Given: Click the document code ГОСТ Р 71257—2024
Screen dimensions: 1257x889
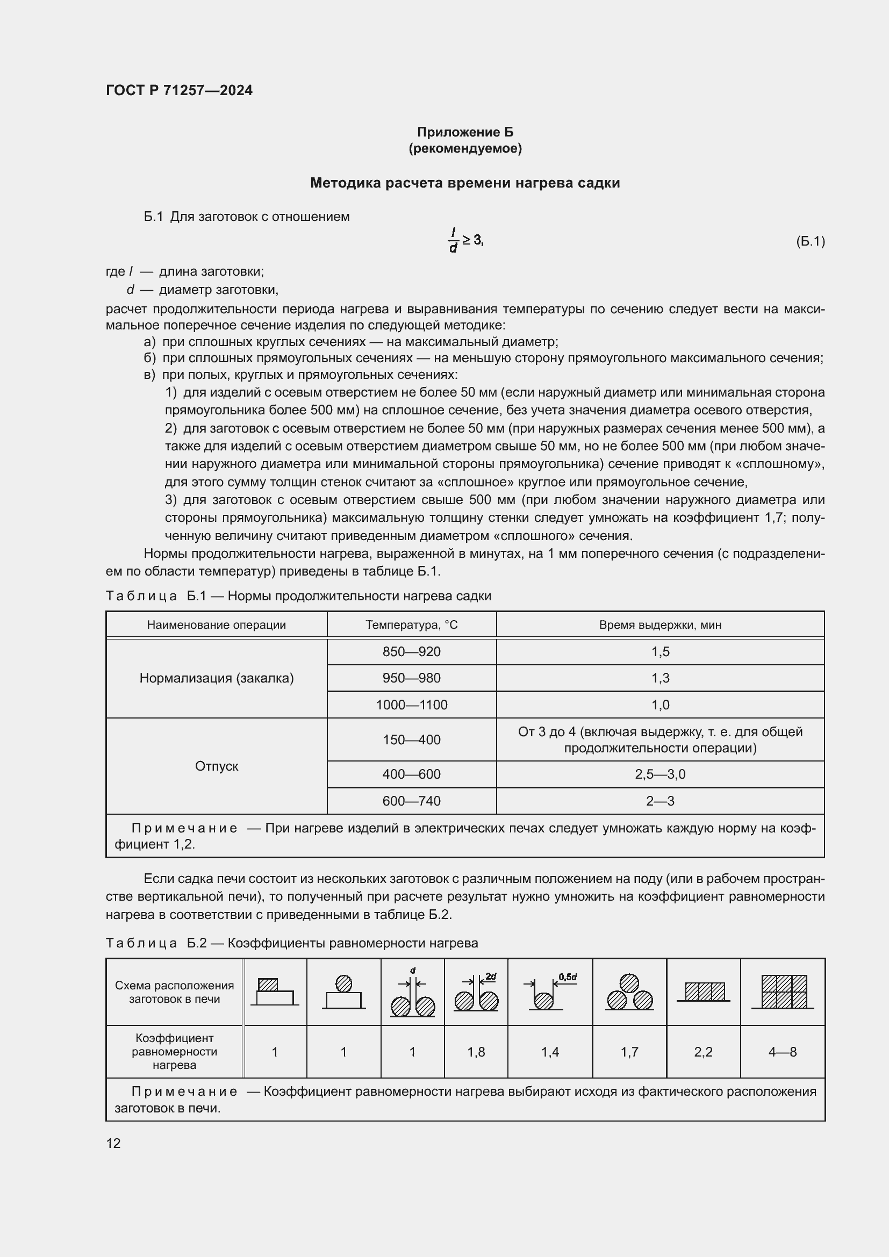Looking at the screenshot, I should [x=179, y=90].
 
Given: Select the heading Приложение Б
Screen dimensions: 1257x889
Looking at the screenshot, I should [x=465, y=132].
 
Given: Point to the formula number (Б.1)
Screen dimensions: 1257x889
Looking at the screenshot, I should [x=810, y=241].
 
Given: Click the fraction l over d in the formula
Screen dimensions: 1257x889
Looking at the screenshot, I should [x=453, y=241].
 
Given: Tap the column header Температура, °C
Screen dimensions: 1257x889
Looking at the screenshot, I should [x=411, y=624].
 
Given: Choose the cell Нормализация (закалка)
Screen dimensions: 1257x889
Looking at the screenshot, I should [x=216, y=678].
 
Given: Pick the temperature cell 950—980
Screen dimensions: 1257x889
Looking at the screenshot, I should [x=411, y=678].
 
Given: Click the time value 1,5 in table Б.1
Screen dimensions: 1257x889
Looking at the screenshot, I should [x=660, y=651].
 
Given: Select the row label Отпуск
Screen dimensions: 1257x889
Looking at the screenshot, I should [x=216, y=766].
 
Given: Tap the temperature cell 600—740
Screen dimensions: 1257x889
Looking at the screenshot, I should [x=411, y=801].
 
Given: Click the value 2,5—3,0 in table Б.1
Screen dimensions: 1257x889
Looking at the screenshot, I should [x=660, y=774].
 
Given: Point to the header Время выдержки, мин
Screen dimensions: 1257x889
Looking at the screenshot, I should [x=660, y=624].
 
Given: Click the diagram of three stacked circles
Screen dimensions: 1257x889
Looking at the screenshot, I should [x=629, y=992].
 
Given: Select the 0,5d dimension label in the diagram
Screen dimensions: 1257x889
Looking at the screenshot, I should [x=568, y=976].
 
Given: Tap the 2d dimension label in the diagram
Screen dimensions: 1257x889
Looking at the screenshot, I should [x=491, y=976].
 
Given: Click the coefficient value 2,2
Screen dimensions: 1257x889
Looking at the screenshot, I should [x=703, y=1052].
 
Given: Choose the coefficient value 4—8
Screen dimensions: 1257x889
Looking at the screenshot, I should [x=782, y=1052].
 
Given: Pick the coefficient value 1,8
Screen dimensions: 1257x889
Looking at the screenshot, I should [x=476, y=1052].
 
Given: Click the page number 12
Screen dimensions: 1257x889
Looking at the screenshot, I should [x=113, y=1143].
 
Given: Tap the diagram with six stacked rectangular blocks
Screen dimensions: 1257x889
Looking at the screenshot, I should [x=783, y=992].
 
